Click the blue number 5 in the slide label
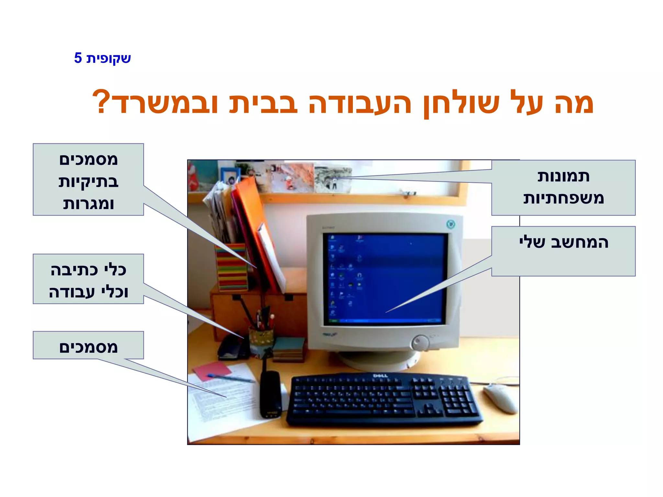[x=78, y=58]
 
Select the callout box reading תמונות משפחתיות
[x=563, y=188]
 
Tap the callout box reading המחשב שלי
[x=563, y=251]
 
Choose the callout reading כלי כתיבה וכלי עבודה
[x=88, y=279]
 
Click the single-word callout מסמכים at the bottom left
[x=88, y=345]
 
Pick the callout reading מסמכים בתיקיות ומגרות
[x=88, y=180]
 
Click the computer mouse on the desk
[x=500, y=398]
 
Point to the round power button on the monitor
[x=420, y=342]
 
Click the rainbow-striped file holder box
[x=231, y=267]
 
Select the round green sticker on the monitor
[x=450, y=224]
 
